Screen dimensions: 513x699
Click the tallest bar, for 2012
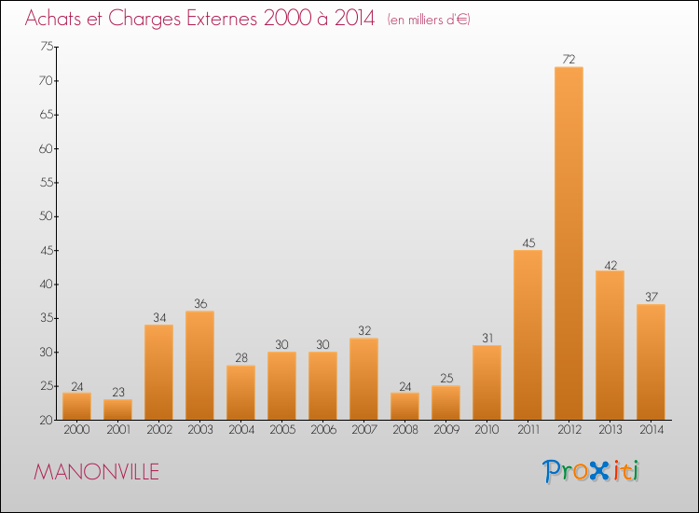pyautogui.click(x=569, y=243)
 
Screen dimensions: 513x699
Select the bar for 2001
pyautogui.click(x=117, y=409)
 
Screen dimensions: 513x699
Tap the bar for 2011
pyautogui.click(x=528, y=335)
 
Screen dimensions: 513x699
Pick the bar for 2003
pyautogui.click(x=199, y=366)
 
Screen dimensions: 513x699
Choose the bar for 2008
pyautogui.click(x=404, y=406)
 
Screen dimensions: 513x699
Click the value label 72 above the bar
pyautogui.click(x=569, y=60)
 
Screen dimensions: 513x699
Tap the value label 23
pyautogui.click(x=117, y=393)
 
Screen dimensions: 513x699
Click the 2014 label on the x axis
pyautogui.click(x=651, y=431)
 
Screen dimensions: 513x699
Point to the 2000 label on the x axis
pyautogui.click(x=76, y=431)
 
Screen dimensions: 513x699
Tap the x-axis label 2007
pyautogui.click(x=363, y=431)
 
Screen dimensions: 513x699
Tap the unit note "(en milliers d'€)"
pyautogui.click(x=429, y=20)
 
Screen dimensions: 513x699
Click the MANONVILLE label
pyautogui.click(x=96, y=472)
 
